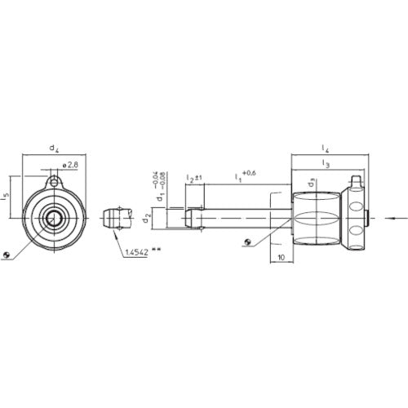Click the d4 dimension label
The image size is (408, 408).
click(x=53, y=149)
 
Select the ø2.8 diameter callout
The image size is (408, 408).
click(x=69, y=166)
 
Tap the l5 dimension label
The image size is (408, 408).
click(x=7, y=196)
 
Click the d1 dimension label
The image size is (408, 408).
click(x=161, y=197)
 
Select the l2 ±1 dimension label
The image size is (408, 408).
click(x=193, y=177)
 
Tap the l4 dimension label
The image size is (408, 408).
click(x=326, y=149)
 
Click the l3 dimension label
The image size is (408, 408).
click(x=326, y=165)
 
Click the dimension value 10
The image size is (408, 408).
click(x=280, y=256)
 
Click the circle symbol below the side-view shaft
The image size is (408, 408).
click(x=247, y=242)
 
